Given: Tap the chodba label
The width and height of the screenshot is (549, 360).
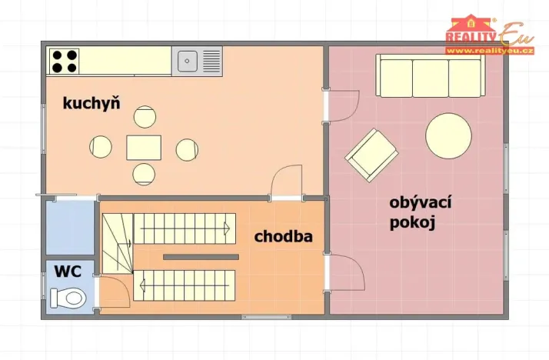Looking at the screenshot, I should click(284, 236).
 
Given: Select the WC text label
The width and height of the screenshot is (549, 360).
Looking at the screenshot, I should click(67, 271).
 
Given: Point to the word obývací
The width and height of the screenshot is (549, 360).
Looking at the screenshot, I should click(420, 203).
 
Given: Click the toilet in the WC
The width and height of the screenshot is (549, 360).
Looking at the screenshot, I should click(66, 296).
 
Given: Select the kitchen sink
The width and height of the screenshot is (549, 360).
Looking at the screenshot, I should click(188, 60).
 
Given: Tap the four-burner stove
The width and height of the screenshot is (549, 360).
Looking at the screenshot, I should click(64, 60).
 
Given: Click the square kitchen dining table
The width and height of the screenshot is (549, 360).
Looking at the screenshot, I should click(144, 147).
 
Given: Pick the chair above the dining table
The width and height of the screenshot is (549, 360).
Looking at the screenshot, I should click(145, 117).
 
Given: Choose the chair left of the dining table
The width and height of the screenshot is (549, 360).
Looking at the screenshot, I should click(101, 146).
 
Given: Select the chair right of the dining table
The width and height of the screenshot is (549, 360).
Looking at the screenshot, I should click(186, 148).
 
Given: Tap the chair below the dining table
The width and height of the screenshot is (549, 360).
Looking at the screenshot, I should click(144, 174).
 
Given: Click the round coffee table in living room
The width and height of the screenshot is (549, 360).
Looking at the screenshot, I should click(449, 135).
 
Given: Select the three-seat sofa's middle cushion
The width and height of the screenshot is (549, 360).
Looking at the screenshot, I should click(431, 77).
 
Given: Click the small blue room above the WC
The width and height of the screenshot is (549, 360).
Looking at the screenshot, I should click(70, 227).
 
